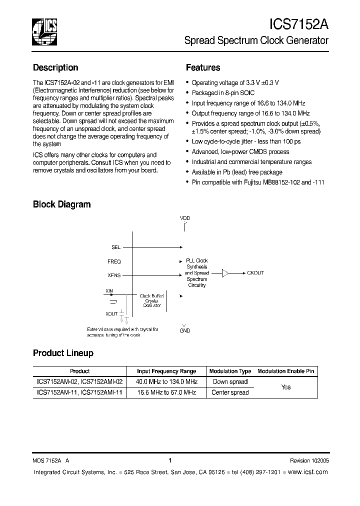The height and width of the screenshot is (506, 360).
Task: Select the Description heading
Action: coord(55,67)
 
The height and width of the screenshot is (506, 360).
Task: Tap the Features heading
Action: coord(203,67)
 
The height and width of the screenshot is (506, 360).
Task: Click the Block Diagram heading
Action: coord(61,204)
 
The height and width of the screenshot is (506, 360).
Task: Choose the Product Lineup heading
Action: coord(63,353)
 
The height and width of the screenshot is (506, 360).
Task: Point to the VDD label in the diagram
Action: coord(185,218)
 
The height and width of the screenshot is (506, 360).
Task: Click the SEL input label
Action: coord(116,247)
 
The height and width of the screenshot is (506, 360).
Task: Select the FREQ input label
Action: coord(114,261)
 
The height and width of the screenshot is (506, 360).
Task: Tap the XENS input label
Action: coord(114,275)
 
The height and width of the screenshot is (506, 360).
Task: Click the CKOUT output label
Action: coord(255,273)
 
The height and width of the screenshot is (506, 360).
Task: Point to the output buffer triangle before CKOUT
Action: coord(225,273)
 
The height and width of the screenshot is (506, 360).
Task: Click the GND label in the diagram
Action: coord(185,330)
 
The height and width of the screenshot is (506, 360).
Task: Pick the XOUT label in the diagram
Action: coord(111,314)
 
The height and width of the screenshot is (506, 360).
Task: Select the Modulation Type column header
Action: coord(230,371)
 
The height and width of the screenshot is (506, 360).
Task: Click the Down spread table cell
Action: coord(230,381)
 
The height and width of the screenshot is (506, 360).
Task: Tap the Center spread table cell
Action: coord(230,392)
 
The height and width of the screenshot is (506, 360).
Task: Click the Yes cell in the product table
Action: coord(286,387)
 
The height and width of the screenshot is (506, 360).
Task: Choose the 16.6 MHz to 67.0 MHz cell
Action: coord(167,392)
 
